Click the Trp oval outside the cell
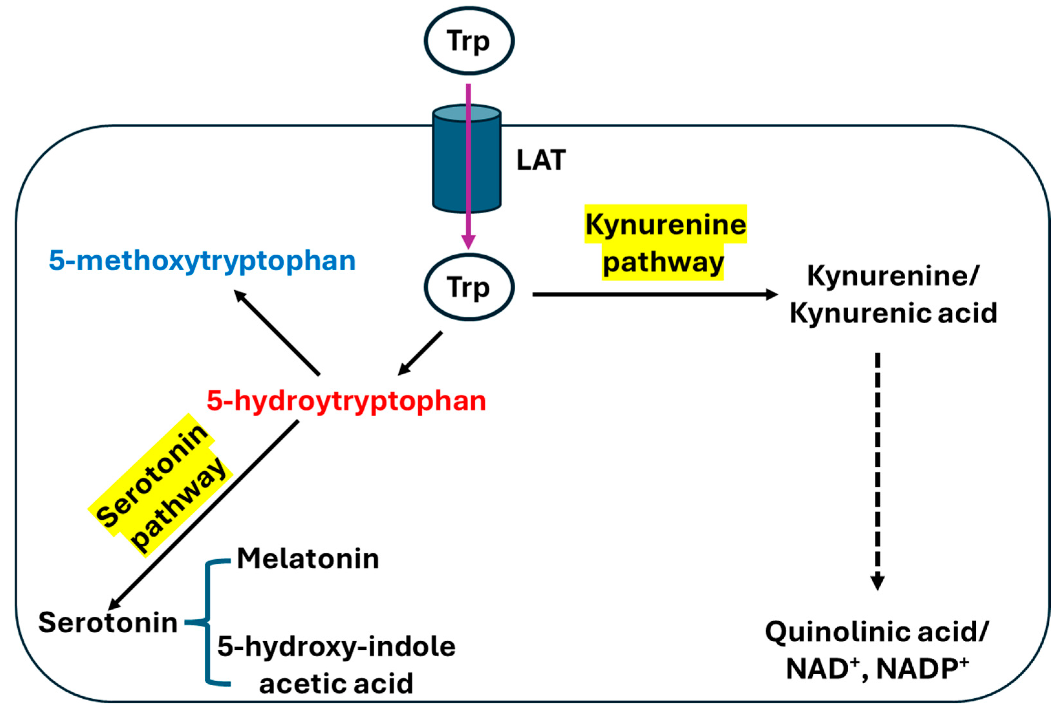tap(469, 41)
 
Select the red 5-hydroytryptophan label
tap(346, 401)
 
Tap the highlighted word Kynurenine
tap(666, 225)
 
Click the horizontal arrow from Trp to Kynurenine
tap(653, 294)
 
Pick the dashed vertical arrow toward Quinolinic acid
tap(877, 470)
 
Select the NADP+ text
tap(922, 669)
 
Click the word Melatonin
tap(308, 559)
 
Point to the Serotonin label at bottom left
tap(108, 623)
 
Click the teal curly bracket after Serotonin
tap(208, 622)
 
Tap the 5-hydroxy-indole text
tap(337, 647)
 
